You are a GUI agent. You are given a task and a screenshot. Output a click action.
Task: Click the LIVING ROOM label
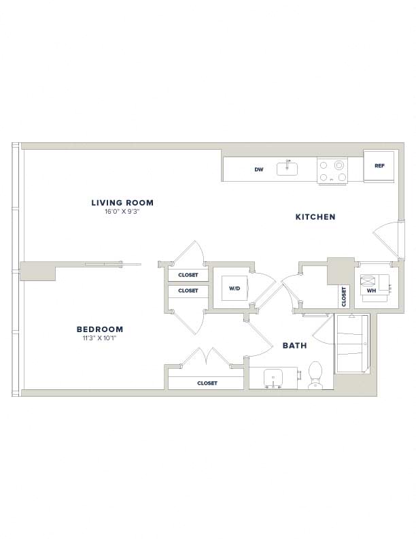pos(122,203)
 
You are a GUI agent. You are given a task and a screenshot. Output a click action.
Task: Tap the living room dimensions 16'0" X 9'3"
pos(122,212)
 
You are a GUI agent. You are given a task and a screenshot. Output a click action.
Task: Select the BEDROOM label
pos(100,329)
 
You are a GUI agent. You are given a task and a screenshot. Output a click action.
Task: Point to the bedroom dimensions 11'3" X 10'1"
pos(99,338)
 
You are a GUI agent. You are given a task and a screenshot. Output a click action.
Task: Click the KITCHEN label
pos(315,217)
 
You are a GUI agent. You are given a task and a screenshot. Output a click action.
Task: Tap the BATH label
pos(294,346)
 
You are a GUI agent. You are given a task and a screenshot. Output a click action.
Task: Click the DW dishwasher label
pos(259,169)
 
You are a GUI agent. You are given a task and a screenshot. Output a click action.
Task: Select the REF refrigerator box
pos(379,165)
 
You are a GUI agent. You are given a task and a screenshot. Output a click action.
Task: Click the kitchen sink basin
pos(288,169)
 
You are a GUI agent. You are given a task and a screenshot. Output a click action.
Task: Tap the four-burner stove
pos(332,171)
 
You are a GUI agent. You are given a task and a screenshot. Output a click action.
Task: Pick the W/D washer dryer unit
pos(235,288)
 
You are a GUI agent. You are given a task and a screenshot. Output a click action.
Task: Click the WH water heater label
pos(371,291)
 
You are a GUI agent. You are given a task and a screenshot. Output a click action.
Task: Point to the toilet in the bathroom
pos(315,375)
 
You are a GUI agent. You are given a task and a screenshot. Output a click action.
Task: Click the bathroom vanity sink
pos(273,378)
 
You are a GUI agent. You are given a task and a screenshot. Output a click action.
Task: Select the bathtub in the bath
pos(352,344)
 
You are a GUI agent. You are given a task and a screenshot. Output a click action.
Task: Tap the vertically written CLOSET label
pos(344,297)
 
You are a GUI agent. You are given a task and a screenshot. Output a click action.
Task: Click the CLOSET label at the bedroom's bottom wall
pos(207,383)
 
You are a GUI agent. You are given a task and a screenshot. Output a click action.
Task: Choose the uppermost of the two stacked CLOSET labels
pos(188,275)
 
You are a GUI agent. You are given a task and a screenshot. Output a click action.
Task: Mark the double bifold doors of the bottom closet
pos(206,356)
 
